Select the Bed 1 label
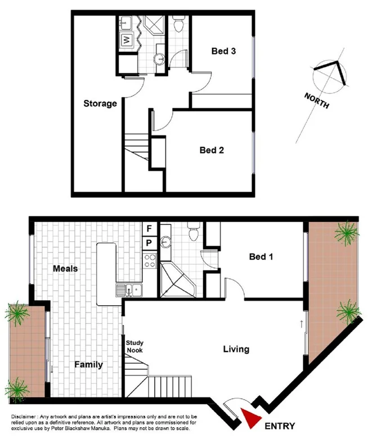pos(261,257)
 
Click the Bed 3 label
pos(223,52)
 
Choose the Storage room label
pos(100,103)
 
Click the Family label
pos(89,364)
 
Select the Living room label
pos(236,349)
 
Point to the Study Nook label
pos(134,346)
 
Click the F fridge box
pos(149,229)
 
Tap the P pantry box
pos(149,243)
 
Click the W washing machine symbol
pos(127,40)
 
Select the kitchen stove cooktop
pos(151,260)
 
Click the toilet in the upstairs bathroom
pos(179,24)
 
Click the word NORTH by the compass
pos(317,99)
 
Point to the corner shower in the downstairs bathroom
pos(176,279)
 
